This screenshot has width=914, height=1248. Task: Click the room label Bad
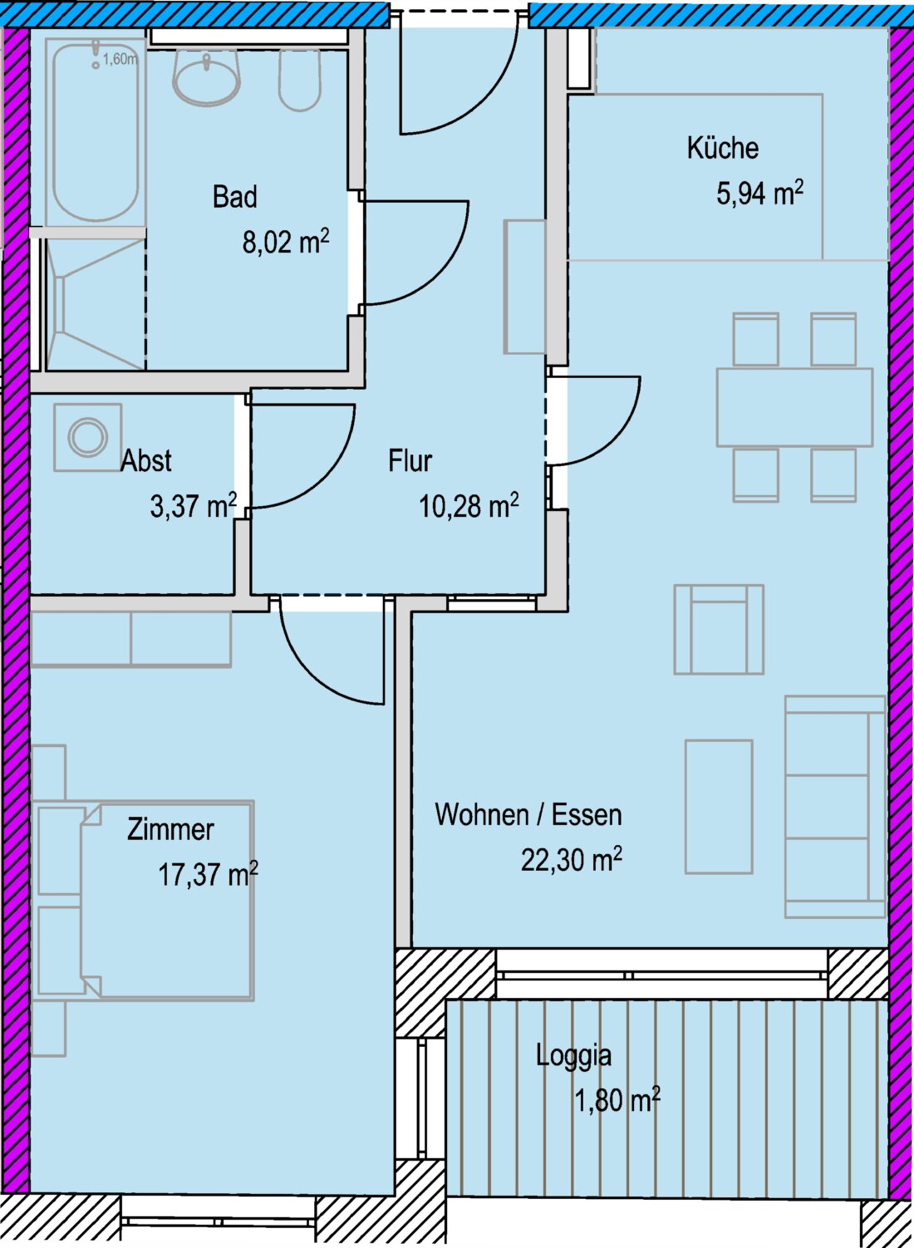click(x=234, y=197)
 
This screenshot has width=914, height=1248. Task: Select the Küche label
click(x=722, y=148)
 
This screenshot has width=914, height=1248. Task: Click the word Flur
click(x=410, y=461)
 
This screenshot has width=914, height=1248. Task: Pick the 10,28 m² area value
click(x=469, y=506)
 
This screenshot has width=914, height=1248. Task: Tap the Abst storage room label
click(x=146, y=461)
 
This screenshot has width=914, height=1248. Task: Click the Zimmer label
click(x=170, y=829)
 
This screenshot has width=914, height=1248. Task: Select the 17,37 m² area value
click(x=208, y=873)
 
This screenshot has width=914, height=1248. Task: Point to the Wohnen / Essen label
click(x=528, y=814)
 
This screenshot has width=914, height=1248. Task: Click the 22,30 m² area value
click(x=572, y=858)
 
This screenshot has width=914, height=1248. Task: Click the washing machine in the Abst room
click(x=87, y=437)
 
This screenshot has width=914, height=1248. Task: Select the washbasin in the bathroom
click(x=206, y=77)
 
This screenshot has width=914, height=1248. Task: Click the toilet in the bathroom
click(x=300, y=81)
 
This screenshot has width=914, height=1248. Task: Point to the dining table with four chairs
click(x=794, y=407)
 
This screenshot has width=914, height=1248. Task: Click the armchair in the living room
click(x=719, y=630)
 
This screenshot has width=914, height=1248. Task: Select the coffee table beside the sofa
click(x=719, y=807)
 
